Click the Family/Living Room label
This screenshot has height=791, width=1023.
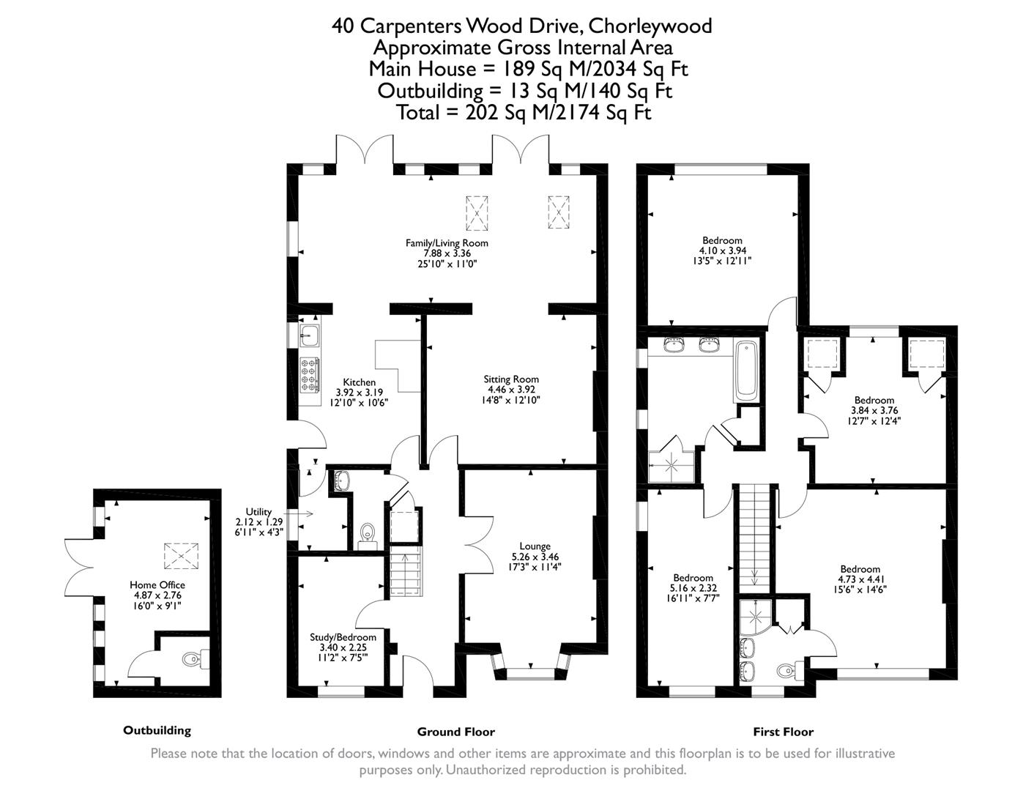pyautogui.click(x=447, y=243)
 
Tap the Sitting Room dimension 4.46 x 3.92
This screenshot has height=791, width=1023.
pyautogui.click(x=510, y=390)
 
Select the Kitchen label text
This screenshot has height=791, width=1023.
pyautogui.click(x=359, y=382)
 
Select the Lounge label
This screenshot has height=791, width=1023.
pyautogui.click(x=535, y=546)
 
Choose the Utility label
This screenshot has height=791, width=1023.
pyautogui.click(x=258, y=512)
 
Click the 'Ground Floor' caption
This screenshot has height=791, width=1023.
pyautogui.click(x=455, y=732)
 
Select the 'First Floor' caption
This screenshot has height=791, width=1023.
pyautogui.click(x=783, y=732)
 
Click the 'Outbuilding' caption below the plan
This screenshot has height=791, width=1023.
pyautogui.click(x=157, y=730)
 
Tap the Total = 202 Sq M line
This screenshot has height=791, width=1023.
pyautogui.click(x=523, y=112)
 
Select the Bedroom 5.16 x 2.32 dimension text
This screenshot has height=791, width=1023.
pyautogui.click(x=693, y=587)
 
